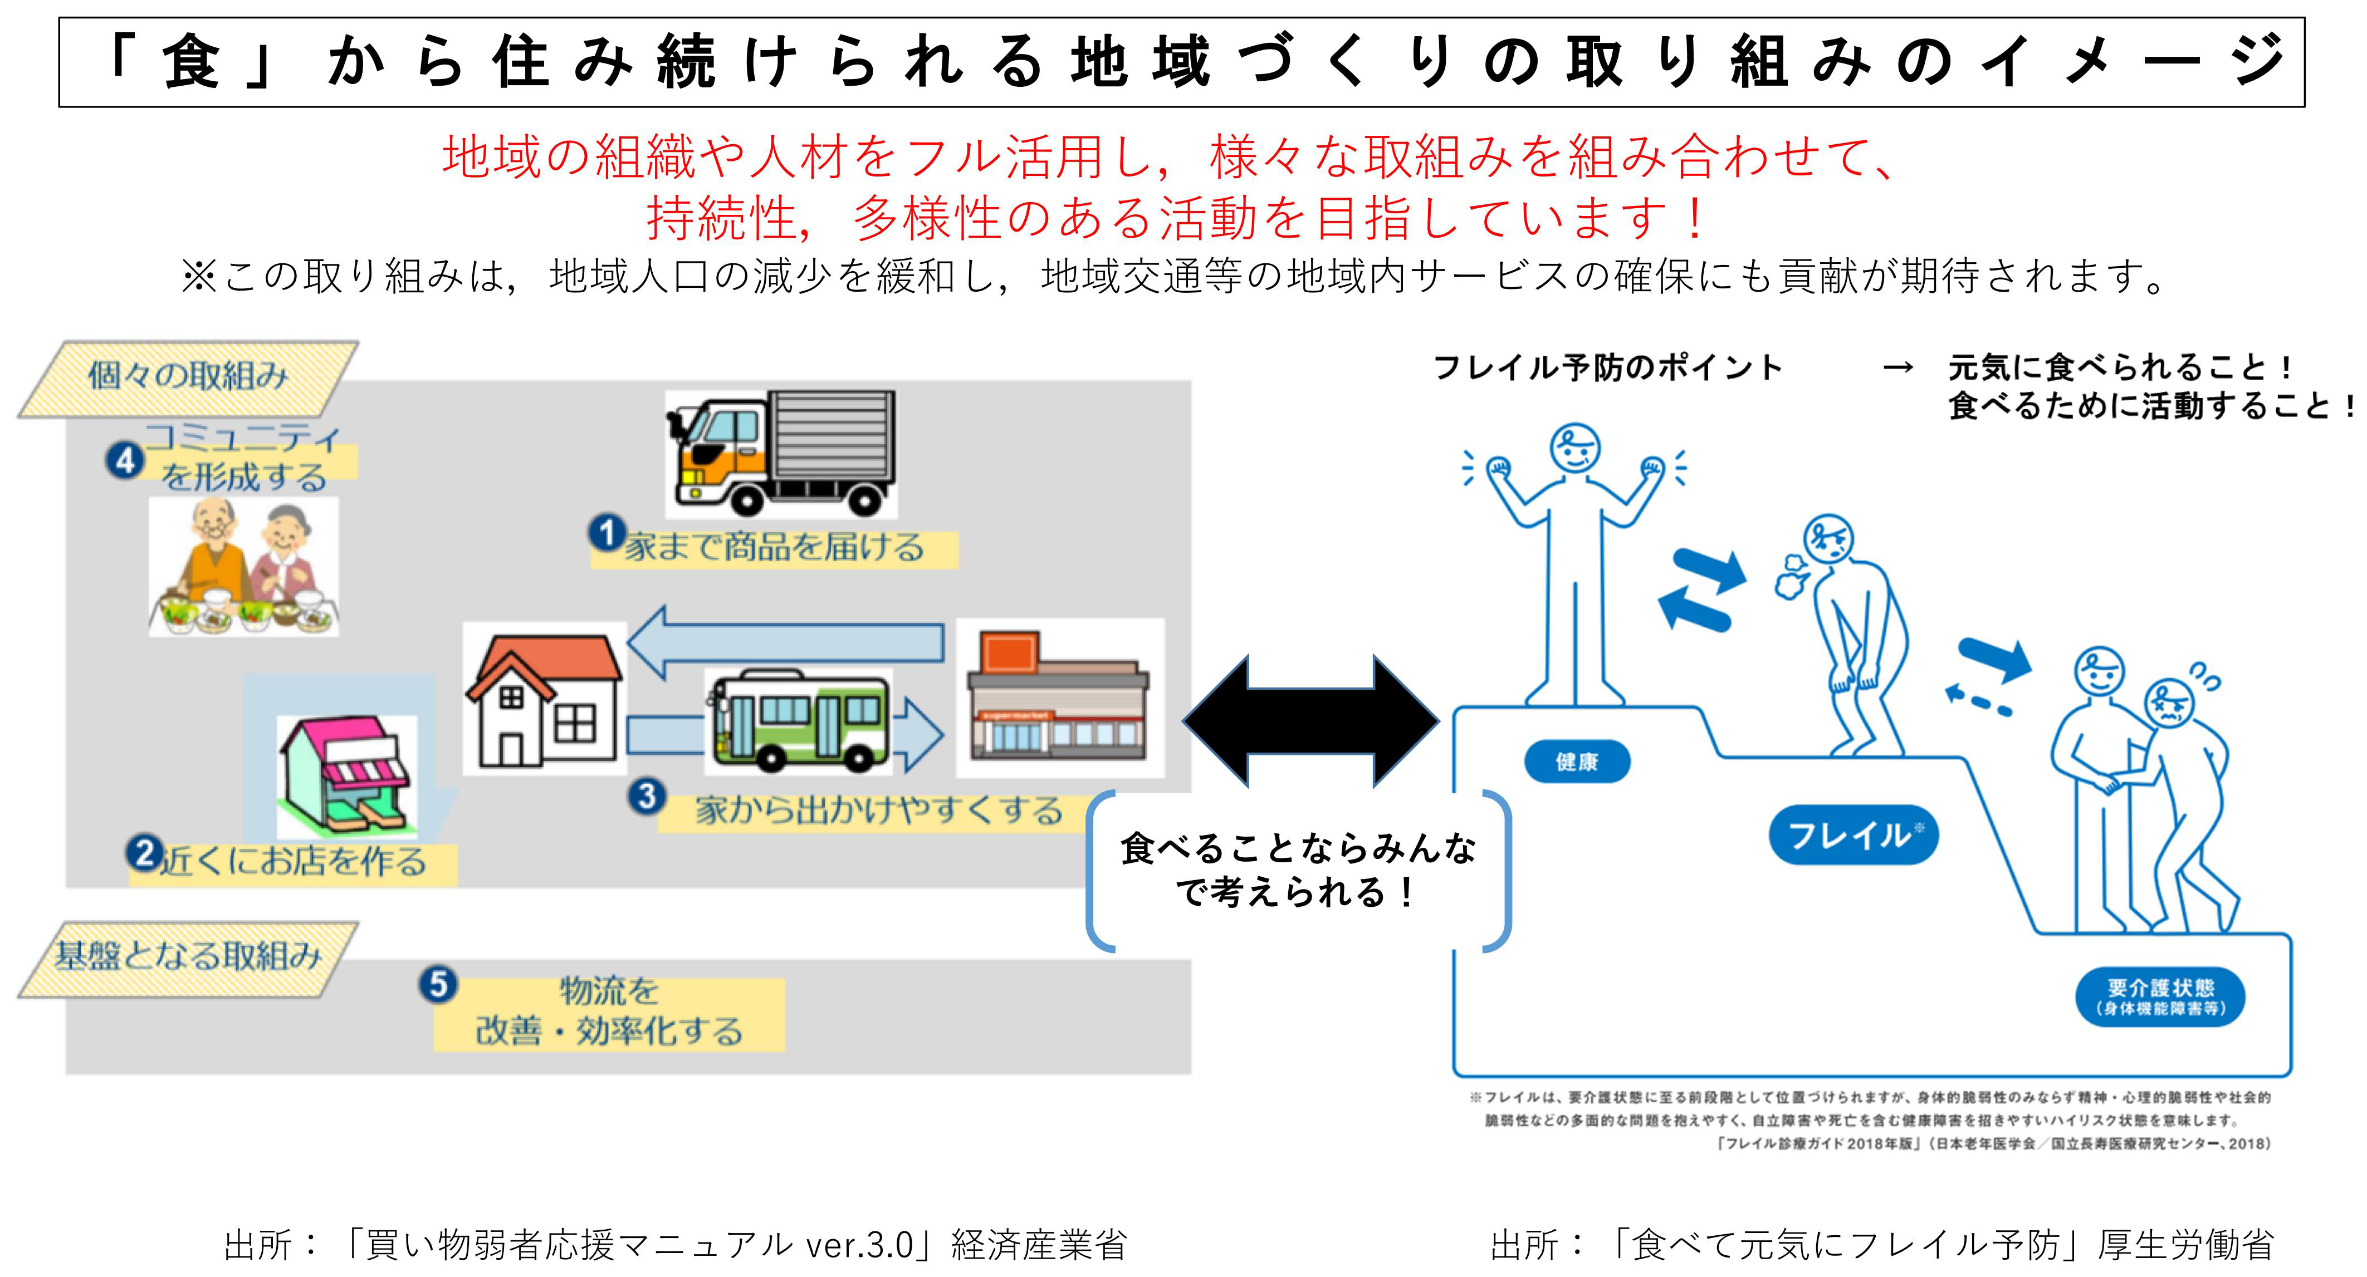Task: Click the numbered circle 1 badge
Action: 607,533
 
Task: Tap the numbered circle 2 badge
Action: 144,853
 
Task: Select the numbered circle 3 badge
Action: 647,795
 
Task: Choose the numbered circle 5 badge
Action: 438,984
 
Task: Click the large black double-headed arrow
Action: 1310,721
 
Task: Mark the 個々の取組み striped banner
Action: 188,377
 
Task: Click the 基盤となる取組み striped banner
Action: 188,957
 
